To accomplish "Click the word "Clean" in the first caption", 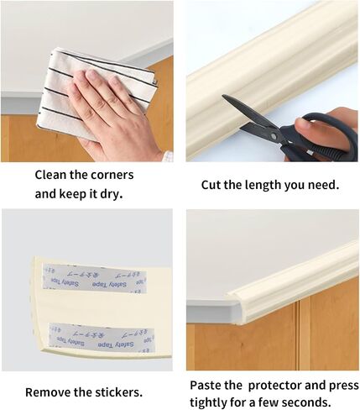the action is (x=51, y=175).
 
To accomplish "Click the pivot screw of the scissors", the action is (x=274, y=136).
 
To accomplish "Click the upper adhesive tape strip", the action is (x=95, y=279).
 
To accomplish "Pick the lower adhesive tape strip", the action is (x=102, y=338).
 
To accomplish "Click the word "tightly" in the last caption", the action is (x=207, y=402).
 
